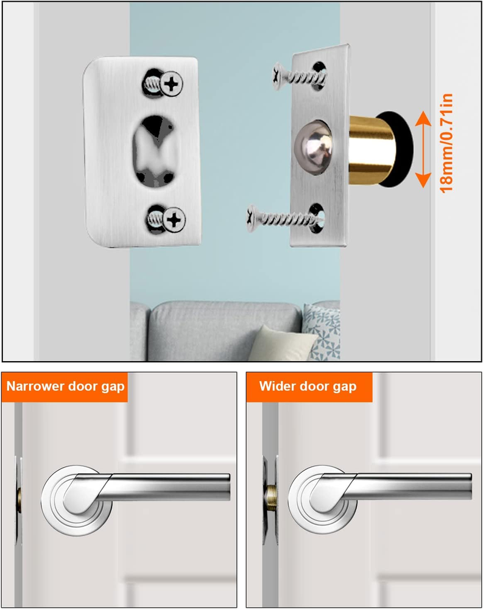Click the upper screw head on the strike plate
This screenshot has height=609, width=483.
[x=171, y=83]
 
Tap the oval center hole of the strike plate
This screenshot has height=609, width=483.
[x=154, y=151]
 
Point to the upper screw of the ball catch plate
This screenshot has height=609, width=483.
[x=299, y=77]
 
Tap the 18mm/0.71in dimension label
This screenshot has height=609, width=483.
[x=446, y=143]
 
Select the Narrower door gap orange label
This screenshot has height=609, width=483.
[x=65, y=387]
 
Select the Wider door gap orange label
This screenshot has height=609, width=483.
[x=309, y=387]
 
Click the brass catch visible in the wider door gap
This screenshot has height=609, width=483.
[x=270, y=499]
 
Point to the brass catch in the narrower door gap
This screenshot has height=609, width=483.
[x=19, y=499]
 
